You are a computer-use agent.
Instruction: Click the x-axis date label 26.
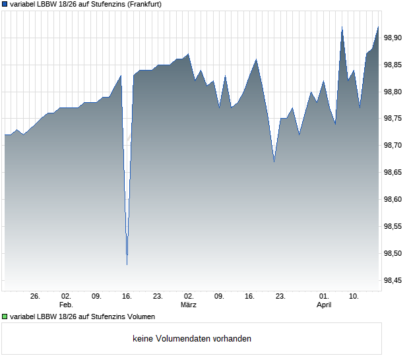pyautogui.click(x=36, y=297)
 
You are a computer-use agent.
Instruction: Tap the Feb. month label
pyautogui.click(x=65, y=305)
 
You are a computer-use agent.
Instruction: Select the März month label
pyautogui.click(x=189, y=305)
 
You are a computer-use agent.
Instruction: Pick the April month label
pyautogui.click(x=324, y=305)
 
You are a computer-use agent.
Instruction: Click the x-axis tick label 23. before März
pyautogui.click(x=158, y=297)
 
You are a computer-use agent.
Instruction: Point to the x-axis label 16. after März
pyautogui.click(x=249, y=297)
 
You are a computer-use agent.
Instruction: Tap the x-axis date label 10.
pyautogui.click(x=354, y=297)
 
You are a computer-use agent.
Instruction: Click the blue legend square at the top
pyautogui.click(x=5, y=4)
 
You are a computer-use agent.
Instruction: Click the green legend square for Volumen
pyautogui.click(x=5, y=317)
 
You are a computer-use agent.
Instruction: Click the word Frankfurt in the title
pyautogui.click(x=143, y=4)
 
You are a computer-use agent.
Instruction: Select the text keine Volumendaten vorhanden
pyautogui.click(x=192, y=339)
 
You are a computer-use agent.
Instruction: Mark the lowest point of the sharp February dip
pyautogui.click(x=127, y=264)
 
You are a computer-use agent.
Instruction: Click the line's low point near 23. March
pyautogui.click(x=274, y=162)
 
